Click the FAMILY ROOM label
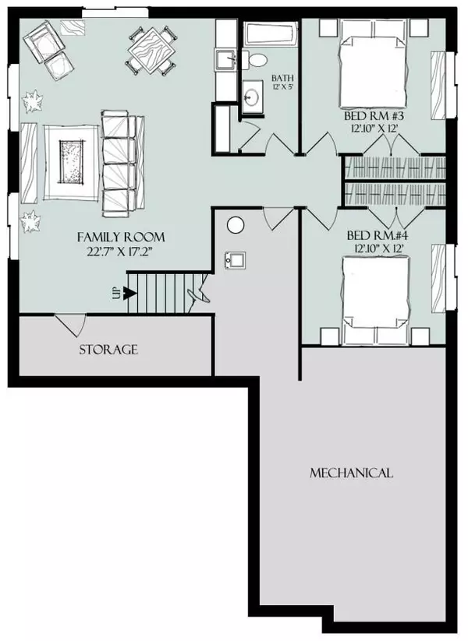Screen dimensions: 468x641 [x=121, y=237]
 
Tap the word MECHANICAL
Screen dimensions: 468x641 [x=351, y=473]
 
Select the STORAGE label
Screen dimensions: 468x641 [x=108, y=350]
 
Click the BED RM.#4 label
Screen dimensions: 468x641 [x=378, y=236]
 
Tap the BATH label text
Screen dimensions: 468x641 [x=283, y=78]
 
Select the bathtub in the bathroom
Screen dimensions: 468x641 [x=271, y=34]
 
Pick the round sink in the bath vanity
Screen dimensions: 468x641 [x=251, y=97]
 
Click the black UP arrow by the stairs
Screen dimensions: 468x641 [x=130, y=293]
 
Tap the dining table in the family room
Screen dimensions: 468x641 [x=152, y=50]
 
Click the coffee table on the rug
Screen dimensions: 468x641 [x=72, y=162]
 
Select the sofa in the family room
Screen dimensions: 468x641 [x=122, y=164]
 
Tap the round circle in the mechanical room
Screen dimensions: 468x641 [x=236, y=225]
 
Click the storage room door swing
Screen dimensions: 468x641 [x=73, y=325]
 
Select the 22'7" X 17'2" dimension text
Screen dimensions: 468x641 [x=120, y=251]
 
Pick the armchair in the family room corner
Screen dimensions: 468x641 [x=44, y=41]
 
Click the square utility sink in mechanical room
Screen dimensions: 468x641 [x=235, y=260]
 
